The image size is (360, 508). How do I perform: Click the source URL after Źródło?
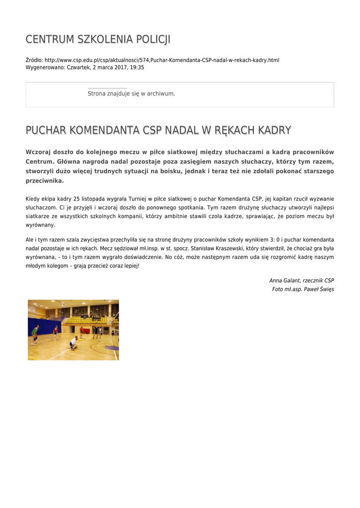coord(162,60)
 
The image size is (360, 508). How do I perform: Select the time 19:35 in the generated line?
coord(137,67)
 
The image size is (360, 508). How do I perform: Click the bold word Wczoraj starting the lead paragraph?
coord(41,152)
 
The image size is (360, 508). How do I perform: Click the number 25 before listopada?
coord(76,199)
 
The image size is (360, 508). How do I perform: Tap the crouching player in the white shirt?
coord(74,342)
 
